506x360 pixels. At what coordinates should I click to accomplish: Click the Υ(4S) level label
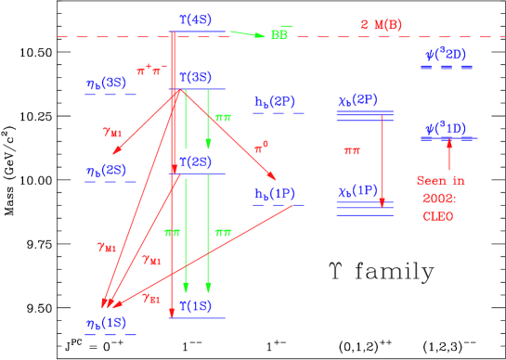click(x=196, y=19)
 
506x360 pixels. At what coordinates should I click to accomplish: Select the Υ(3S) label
click(x=196, y=77)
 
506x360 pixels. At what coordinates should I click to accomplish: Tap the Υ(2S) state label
click(x=196, y=161)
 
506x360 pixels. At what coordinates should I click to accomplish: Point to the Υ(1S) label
click(x=196, y=305)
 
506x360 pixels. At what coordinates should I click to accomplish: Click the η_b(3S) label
click(x=106, y=83)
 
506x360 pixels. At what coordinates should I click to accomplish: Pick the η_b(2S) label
click(x=106, y=171)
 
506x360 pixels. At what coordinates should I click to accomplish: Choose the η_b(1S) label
click(x=106, y=322)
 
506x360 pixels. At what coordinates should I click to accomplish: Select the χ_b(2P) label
click(x=357, y=99)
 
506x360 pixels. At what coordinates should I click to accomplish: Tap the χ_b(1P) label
click(x=357, y=191)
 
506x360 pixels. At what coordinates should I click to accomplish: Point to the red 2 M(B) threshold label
click(x=382, y=24)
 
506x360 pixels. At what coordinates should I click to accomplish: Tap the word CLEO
click(x=437, y=216)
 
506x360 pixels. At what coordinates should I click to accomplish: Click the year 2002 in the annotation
click(x=437, y=199)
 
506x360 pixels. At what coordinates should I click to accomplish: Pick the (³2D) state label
click(x=447, y=55)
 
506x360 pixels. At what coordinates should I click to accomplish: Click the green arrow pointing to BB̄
click(x=248, y=34)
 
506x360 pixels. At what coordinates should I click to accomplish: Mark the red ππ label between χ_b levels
click(x=352, y=149)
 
